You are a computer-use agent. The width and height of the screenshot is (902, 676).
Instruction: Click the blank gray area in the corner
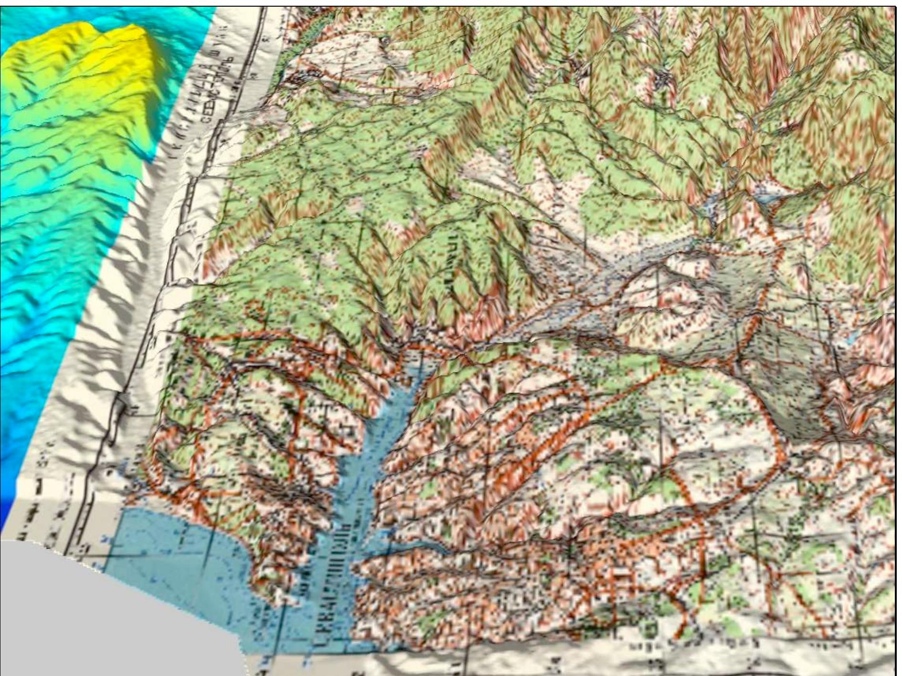[x=95, y=620]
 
